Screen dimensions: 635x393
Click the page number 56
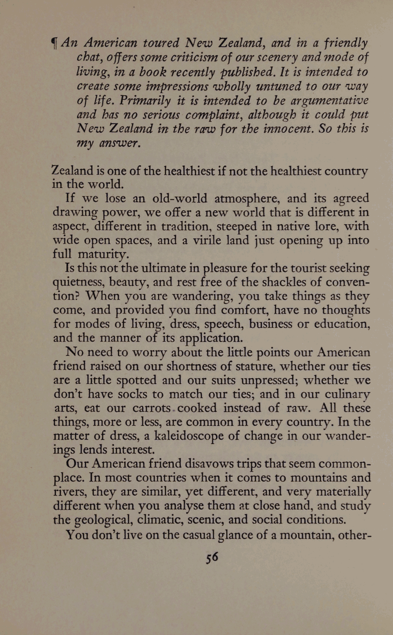tap(212, 557)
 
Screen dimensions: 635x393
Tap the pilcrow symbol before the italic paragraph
tap(54, 43)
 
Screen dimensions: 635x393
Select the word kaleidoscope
tap(187, 436)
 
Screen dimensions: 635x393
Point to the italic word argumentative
tap(329, 101)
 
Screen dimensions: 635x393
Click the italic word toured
tap(161, 43)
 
